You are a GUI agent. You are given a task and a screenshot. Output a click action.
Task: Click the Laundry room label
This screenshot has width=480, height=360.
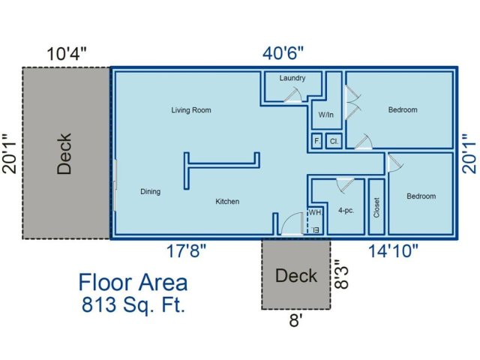[x=292, y=78]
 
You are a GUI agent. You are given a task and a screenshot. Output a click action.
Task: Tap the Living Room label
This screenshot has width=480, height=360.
[x=191, y=110]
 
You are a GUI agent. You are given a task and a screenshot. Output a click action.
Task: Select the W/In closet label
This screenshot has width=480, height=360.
[x=325, y=115]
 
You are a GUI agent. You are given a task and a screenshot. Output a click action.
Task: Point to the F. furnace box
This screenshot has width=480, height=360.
[x=316, y=141]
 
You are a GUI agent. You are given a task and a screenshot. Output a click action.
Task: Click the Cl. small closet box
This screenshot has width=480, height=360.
[x=334, y=141]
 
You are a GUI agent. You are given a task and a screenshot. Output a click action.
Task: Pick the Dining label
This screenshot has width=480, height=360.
[x=150, y=192]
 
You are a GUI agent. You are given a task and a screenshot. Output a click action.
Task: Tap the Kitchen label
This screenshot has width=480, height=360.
[x=227, y=202]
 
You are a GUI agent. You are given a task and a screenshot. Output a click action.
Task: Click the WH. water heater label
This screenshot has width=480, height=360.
[x=315, y=212]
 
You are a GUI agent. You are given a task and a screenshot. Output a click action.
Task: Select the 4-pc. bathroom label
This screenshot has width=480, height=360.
[x=346, y=211]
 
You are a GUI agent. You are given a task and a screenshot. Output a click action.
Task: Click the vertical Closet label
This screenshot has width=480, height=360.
[x=376, y=208]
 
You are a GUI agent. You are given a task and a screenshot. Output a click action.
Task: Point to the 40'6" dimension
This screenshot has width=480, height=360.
[x=283, y=53]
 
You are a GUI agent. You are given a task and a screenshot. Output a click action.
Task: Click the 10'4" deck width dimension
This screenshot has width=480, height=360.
[x=67, y=54]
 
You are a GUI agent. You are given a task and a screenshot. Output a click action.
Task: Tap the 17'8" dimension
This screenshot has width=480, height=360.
[x=186, y=251]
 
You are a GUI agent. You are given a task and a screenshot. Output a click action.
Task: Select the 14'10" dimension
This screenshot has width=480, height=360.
[x=393, y=251]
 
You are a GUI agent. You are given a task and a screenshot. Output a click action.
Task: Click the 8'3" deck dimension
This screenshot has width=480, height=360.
[x=342, y=274]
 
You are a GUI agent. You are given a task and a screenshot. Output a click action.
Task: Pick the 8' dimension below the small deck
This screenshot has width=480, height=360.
[x=295, y=320]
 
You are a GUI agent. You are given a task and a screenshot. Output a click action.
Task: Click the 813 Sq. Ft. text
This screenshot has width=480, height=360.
[x=133, y=304]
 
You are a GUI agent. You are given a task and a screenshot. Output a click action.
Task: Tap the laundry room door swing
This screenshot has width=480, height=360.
[x=293, y=94]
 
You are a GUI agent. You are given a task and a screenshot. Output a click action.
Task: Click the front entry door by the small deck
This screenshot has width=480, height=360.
[x=292, y=223]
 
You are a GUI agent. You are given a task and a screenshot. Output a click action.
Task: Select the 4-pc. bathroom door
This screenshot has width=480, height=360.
[x=345, y=185]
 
